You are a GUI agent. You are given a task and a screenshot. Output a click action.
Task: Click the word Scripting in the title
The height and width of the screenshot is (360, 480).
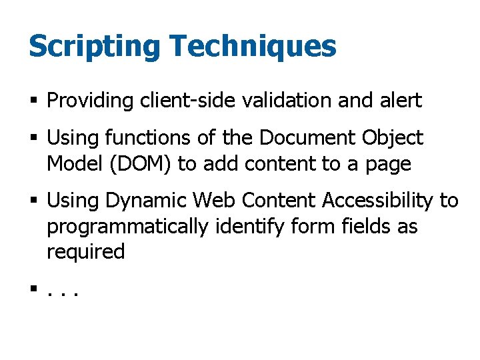click(x=93, y=47)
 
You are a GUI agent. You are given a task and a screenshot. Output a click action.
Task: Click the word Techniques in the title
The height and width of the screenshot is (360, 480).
click(x=253, y=47)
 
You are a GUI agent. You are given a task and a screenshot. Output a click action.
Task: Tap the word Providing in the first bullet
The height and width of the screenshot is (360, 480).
click(x=91, y=101)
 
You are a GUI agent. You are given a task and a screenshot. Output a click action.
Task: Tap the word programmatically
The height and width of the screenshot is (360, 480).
click(x=127, y=227)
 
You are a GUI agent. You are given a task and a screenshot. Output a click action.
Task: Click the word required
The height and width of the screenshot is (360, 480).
click(x=86, y=252)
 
